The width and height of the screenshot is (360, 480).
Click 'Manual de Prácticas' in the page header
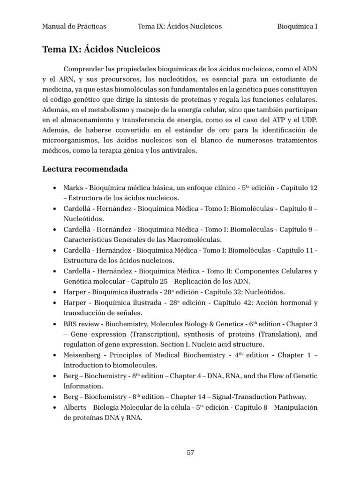[74, 26]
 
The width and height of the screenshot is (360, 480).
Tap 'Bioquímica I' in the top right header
[298, 26]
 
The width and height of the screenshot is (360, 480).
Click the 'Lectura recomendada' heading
[85, 169]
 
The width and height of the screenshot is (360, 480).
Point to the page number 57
[190, 452]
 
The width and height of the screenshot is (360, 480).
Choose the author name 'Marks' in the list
[73, 188]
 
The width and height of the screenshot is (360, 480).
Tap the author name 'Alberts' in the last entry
[75, 407]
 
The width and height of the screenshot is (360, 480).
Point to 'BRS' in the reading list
[70, 324]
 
